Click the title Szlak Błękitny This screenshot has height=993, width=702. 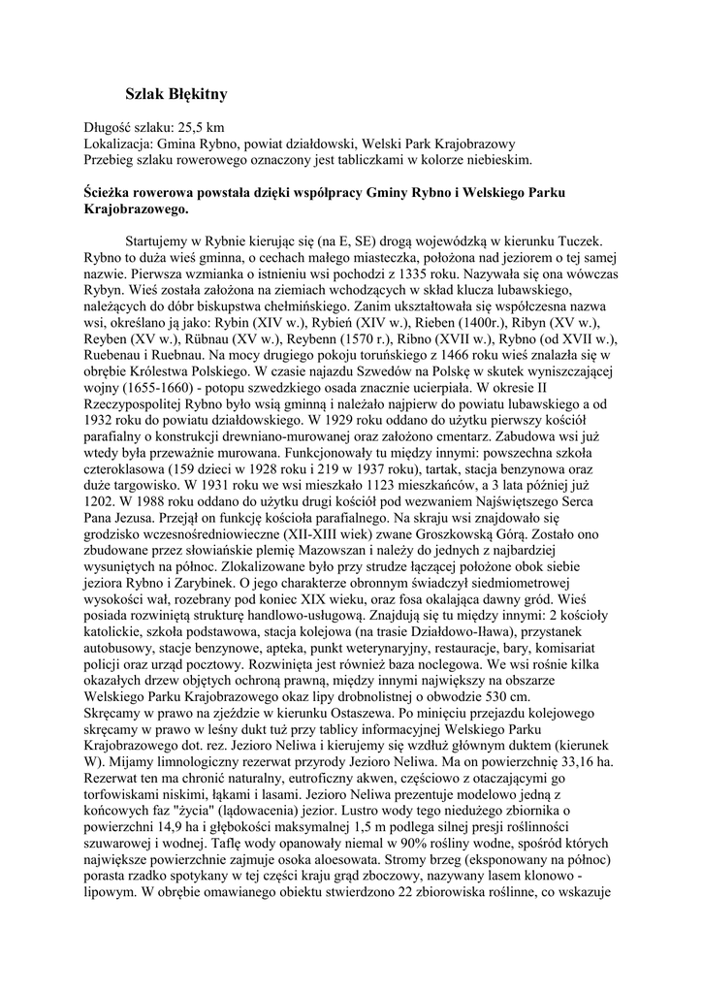point(176,94)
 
